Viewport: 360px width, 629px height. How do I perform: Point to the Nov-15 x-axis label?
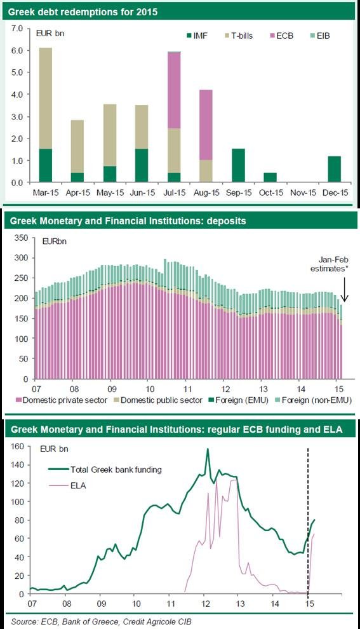(294, 190)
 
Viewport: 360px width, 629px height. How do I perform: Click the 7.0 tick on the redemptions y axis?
(17, 29)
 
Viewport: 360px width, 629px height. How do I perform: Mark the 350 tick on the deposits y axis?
(21, 238)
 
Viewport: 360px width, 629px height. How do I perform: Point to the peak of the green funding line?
(207, 449)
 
